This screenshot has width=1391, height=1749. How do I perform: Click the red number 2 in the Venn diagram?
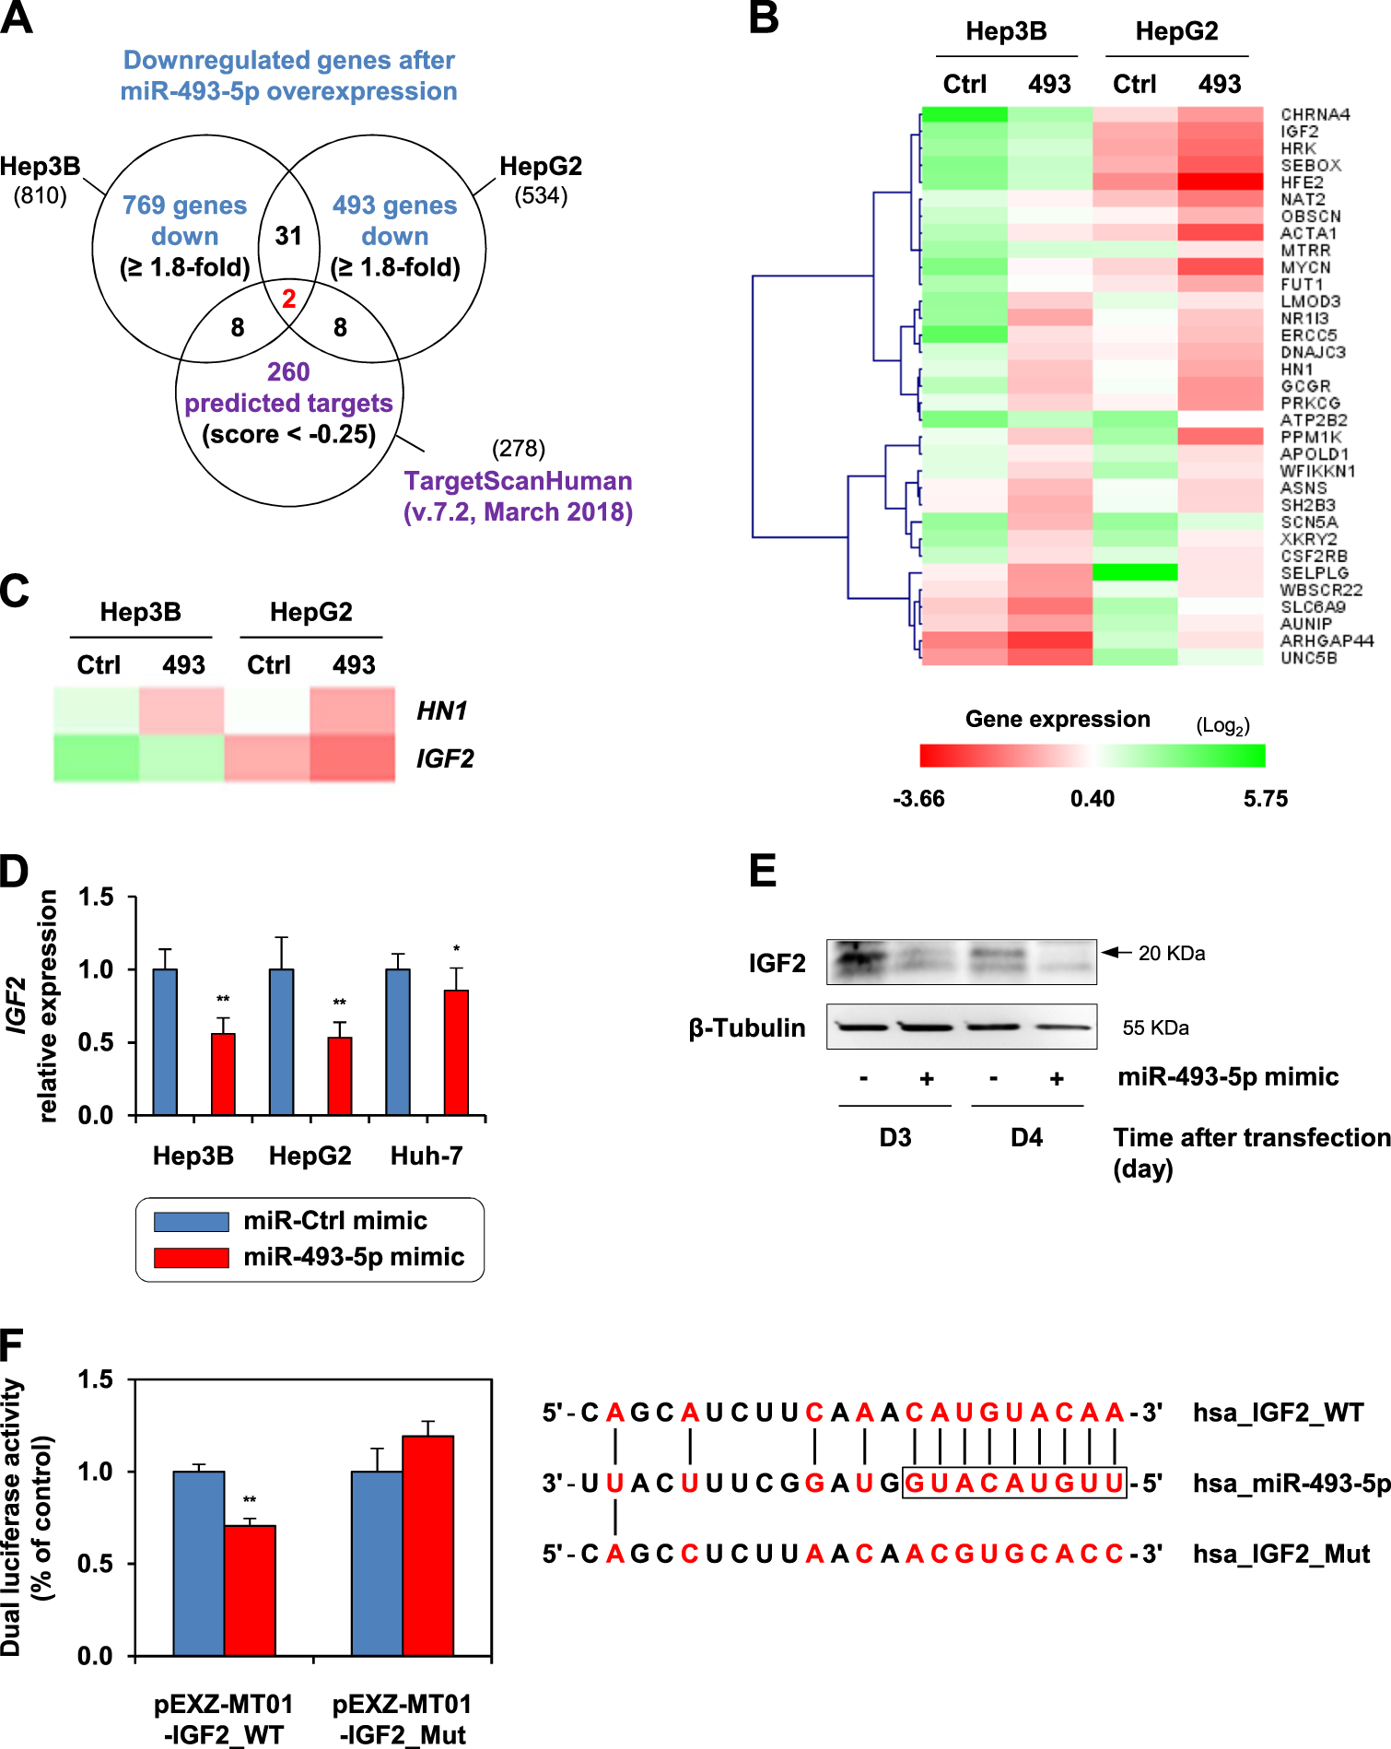[289, 299]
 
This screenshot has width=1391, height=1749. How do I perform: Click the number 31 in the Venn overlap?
[288, 236]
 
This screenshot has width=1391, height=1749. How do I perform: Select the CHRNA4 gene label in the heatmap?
[1315, 114]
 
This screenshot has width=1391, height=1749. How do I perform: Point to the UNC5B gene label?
[1308, 658]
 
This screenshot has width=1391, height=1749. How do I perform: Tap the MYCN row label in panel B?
[1305, 267]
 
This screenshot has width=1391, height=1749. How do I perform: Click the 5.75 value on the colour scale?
[1265, 798]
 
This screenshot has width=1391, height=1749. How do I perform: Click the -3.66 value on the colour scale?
[918, 798]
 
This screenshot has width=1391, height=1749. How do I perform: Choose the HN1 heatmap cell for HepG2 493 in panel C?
[352, 710]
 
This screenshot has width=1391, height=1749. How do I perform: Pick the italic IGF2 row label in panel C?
[445, 758]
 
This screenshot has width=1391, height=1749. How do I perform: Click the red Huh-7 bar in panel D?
[456, 1052]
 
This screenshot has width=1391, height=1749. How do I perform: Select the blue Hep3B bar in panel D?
[165, 1042]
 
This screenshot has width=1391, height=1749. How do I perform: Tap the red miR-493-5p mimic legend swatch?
[191, 1257]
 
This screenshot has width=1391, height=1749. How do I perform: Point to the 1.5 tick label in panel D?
[96, 897]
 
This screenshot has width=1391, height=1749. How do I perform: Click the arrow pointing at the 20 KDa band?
[1116, 952]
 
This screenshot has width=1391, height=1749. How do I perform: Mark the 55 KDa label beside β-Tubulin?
[1155, 1027]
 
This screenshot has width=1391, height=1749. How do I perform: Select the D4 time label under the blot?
[1026, 1137]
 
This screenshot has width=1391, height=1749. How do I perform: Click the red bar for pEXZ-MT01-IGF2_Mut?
[427, 1545]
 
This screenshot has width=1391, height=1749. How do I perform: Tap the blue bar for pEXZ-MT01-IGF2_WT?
[199, 1563]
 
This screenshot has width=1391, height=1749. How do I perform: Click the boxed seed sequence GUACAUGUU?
[1013, 1483]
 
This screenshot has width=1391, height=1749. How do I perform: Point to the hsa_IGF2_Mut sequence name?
[1281, 1555]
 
